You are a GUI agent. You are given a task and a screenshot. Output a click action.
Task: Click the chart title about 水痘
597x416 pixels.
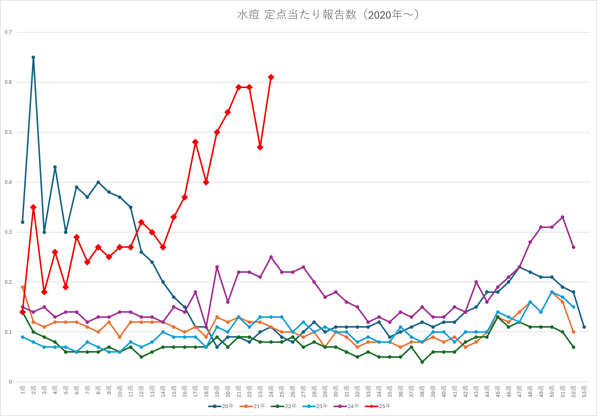click(328, 15)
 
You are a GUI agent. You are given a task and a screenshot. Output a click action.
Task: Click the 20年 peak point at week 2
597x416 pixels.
click(33, 57)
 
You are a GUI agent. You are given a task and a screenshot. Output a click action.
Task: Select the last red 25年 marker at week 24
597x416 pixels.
click(271, 77)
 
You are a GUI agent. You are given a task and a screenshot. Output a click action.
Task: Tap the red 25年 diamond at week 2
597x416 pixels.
click(33, 207)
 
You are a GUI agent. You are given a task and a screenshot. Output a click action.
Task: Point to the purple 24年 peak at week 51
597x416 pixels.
click(563, 217)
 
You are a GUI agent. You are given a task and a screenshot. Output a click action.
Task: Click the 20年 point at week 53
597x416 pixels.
click(584, 327)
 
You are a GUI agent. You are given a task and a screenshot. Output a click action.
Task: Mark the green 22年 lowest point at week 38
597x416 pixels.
click(422, 362)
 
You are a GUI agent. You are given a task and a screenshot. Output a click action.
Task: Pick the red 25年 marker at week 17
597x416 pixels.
click(195, 142)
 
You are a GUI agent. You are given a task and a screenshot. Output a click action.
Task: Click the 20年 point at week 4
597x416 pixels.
click(55, 167)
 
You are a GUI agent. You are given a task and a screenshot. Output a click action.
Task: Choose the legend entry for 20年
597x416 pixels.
click(221, 406)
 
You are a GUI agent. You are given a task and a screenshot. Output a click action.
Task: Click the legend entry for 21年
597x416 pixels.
click(253, 406)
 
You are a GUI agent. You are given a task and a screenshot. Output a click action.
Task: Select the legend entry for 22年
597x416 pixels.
click(284, 406)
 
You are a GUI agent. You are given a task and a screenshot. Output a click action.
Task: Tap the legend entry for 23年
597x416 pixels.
click(315, 406)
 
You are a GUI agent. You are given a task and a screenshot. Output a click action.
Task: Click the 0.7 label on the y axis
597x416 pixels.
click(8, 32)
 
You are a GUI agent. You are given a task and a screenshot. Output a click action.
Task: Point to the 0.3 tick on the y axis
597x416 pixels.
click(8, 232)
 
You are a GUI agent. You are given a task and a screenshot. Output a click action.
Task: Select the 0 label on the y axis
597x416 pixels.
click(10, 382)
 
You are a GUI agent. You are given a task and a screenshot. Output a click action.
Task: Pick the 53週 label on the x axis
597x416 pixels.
click(584, 391)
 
